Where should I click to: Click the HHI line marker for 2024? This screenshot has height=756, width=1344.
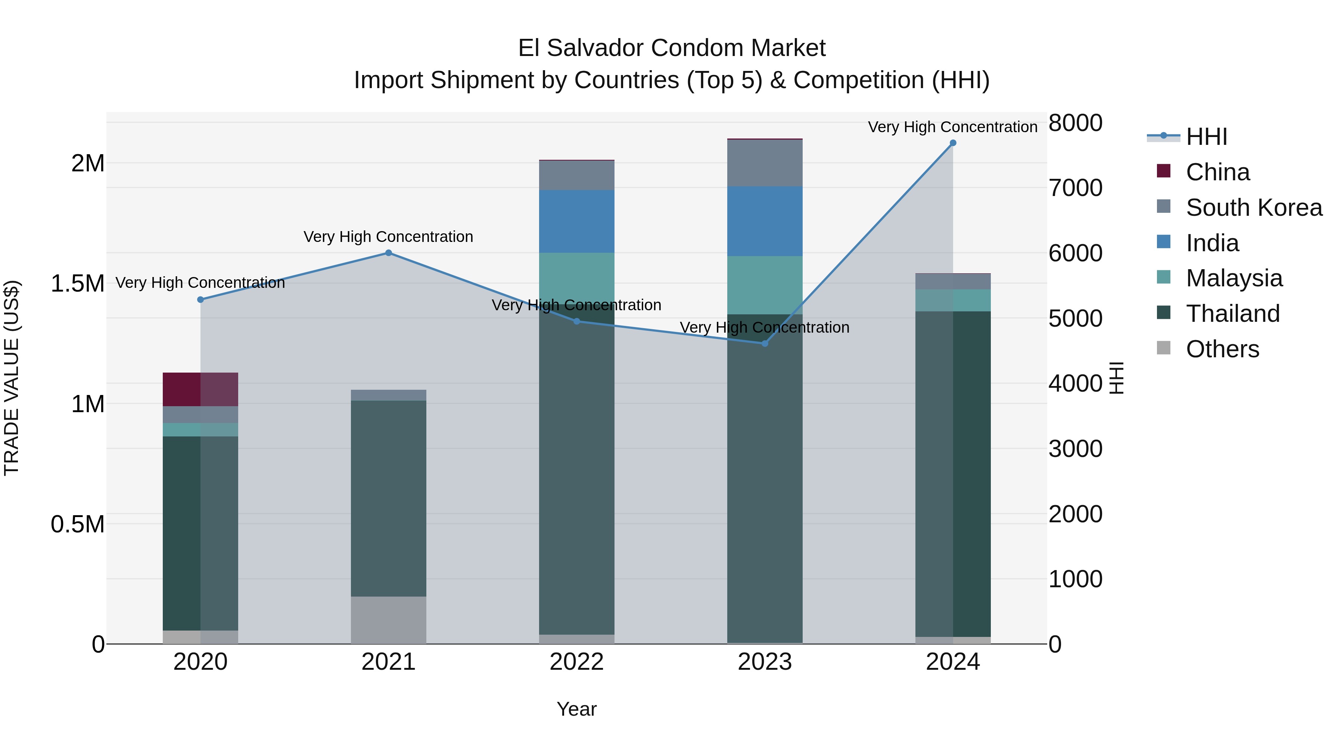click(x=953, y=143)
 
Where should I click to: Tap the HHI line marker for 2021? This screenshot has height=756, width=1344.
click(x=388, y=253)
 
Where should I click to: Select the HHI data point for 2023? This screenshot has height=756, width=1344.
click(x=765, y=343)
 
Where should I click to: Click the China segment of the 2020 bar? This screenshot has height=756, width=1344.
click(x=200, y=389)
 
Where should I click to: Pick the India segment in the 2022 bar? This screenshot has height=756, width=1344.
click(x=576, y=221)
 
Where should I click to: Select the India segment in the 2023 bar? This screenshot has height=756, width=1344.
click(x=765, y=221)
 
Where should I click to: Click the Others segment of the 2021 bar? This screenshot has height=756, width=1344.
click(x=388, y=620)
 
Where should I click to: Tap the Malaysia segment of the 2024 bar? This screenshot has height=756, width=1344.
click(x=953, y=301)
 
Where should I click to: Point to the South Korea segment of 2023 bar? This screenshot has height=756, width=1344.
click(x=765, y=163)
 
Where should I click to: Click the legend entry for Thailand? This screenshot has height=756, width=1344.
click(x=1232, y=314)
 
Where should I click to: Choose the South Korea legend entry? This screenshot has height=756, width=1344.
click(x=1253, y=208)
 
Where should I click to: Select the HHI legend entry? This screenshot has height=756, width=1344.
click(x=1206, y=137)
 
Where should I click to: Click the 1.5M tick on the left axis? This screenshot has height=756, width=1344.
click(x=78, y=284)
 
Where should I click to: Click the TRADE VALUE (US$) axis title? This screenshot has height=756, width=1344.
click(x=12, y=378)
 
